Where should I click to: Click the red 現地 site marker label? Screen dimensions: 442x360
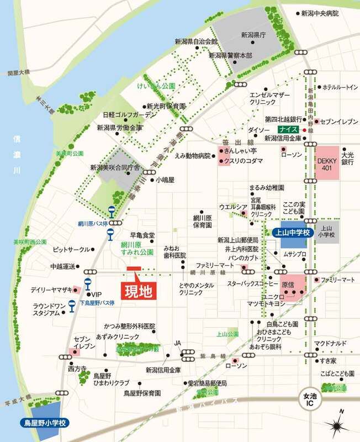click(x=137, y=290)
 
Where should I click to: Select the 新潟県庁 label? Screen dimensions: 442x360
click(x=253, y=34)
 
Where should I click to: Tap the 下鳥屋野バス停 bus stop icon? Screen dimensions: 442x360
click(x=72, y=304)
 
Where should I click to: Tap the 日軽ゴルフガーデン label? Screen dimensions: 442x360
click(x=130, y=115)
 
